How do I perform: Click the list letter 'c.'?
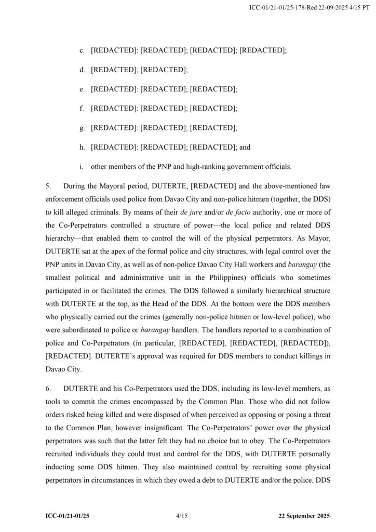(x=82, y=50)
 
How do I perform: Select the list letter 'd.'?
(x=82, y=70)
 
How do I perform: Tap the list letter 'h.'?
(x=82, y=147)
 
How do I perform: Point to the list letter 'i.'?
(x=82, y=167)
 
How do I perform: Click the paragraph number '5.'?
(x=48, y=186)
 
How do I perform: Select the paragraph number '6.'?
(x=48, y=389)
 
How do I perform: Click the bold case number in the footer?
(x=71, y=516)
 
